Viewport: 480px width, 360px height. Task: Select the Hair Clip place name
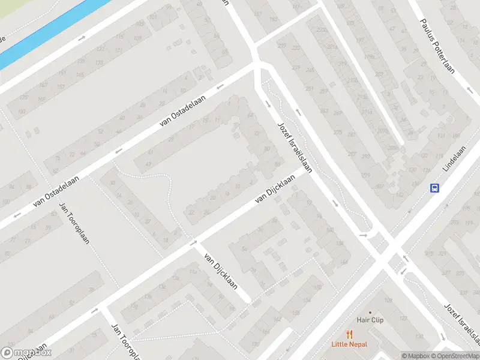click(x=370, y=320)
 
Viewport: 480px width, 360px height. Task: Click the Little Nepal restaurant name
click(x=349, y=344)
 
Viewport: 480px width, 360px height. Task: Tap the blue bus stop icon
click(x=434, y=188)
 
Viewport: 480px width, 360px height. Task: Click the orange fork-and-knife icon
click(x=349, y=334)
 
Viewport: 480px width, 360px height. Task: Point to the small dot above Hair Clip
click(x=370, y=313)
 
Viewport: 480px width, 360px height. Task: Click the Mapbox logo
click(x=26, y=353)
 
